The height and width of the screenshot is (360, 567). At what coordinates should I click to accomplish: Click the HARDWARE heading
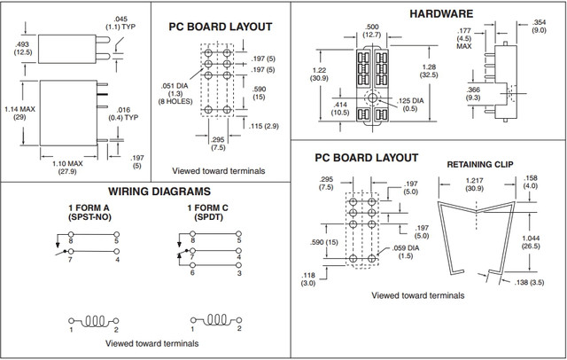coord(441,13)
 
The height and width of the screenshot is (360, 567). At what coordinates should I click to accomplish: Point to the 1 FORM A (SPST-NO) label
coord(91,214)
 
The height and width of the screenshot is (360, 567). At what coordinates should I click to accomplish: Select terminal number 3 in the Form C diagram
coord(238,274)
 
